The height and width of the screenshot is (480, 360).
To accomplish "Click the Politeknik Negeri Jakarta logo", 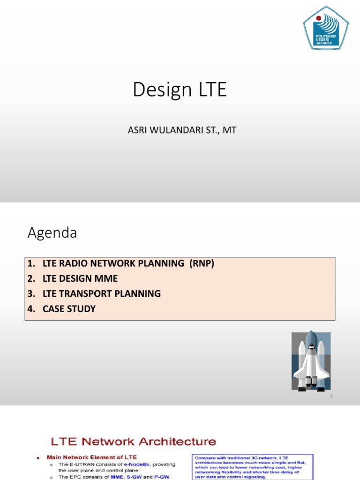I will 326,28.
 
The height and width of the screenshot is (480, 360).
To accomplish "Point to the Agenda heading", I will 52,233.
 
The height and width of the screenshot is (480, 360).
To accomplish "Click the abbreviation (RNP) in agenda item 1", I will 202,263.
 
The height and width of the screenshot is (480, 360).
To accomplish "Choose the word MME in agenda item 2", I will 106,278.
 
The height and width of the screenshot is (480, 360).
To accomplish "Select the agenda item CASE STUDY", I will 69,309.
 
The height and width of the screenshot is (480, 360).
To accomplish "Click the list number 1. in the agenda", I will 31,263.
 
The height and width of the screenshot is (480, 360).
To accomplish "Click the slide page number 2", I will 331,397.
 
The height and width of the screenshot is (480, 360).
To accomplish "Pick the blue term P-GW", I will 160,477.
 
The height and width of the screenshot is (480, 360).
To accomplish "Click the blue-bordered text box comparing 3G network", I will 253,466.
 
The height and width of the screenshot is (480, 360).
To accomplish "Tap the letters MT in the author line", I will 230,130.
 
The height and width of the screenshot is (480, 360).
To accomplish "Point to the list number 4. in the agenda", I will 31,309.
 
